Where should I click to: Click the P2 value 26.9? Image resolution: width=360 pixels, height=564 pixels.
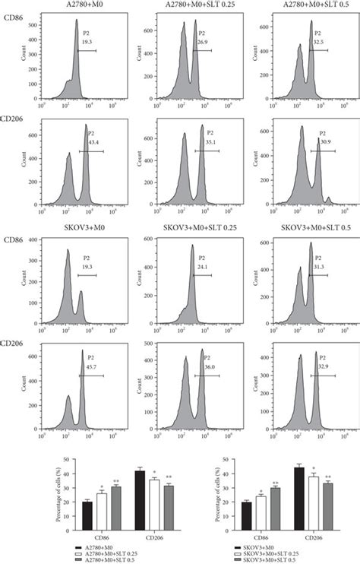204,43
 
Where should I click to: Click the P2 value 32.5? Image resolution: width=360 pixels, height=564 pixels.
323,43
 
